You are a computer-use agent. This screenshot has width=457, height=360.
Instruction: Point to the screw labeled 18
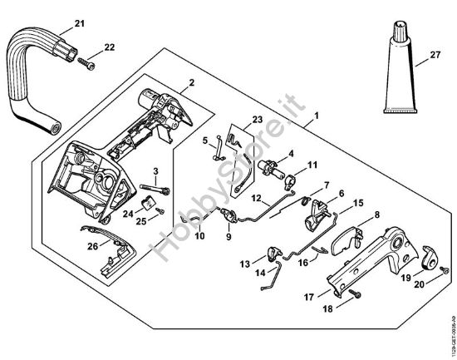pos(356,295)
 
